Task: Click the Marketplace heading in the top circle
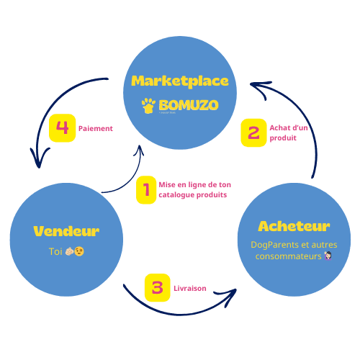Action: (x=180, y=81)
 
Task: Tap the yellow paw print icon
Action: (x=148, y=107)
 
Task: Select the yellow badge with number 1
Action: (x=146, y=190)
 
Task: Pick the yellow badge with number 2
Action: (x=253, y=132)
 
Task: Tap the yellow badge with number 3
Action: (x=157, y=288)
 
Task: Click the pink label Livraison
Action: (x=189, y=288)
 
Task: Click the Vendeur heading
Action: (x=66, y=231)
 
